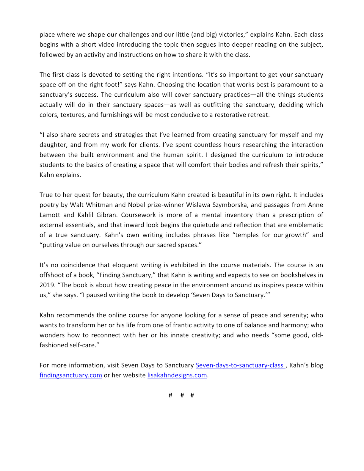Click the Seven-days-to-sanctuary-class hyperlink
pos(239,365)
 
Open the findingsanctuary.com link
pos(71,375)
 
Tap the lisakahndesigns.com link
pos(177,375)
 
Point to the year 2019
pos(47,285)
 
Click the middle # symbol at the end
pos(182,395)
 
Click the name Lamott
pos(49,215)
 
